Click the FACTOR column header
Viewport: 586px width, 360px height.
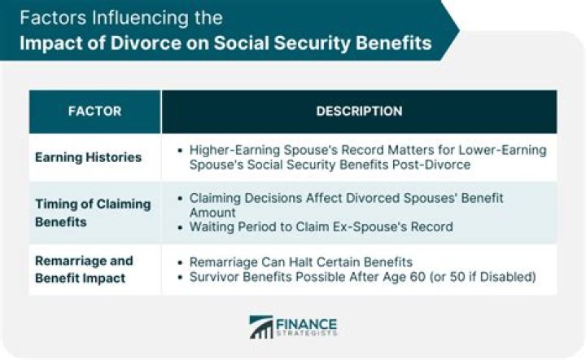click(94, 111)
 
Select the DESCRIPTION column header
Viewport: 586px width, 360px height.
click(359, 111)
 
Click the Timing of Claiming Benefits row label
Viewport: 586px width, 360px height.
click(93, 212)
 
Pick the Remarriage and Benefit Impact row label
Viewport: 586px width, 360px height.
click(84, 268)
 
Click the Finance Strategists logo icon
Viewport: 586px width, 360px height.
click(261, 327)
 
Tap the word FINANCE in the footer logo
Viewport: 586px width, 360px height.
click(307, 323)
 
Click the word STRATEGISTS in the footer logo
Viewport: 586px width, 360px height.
click(307, 334)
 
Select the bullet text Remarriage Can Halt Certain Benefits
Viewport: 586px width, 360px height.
click(299, 261)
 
